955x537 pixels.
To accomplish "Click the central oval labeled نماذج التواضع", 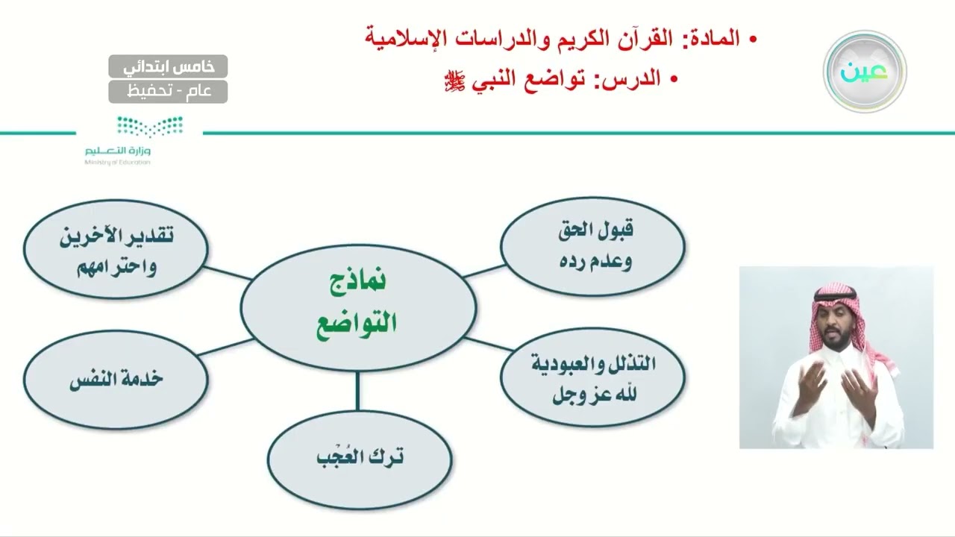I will [x=358, y=307].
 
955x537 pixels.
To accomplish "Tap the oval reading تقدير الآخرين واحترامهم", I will [x=116, y=249].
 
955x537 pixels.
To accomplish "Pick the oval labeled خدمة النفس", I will [x=116, y=379].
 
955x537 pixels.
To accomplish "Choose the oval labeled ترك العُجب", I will [x=360, y=457].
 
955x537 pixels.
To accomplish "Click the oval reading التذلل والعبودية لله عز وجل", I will [x=592, y=378].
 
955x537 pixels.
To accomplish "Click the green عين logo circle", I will [x=864, y=72].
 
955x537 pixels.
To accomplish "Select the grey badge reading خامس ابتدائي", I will [x=168, y=66].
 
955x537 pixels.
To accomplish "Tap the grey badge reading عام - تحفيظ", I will [x=168, y=92].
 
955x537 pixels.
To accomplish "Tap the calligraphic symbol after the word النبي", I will [x=454, y=81].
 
